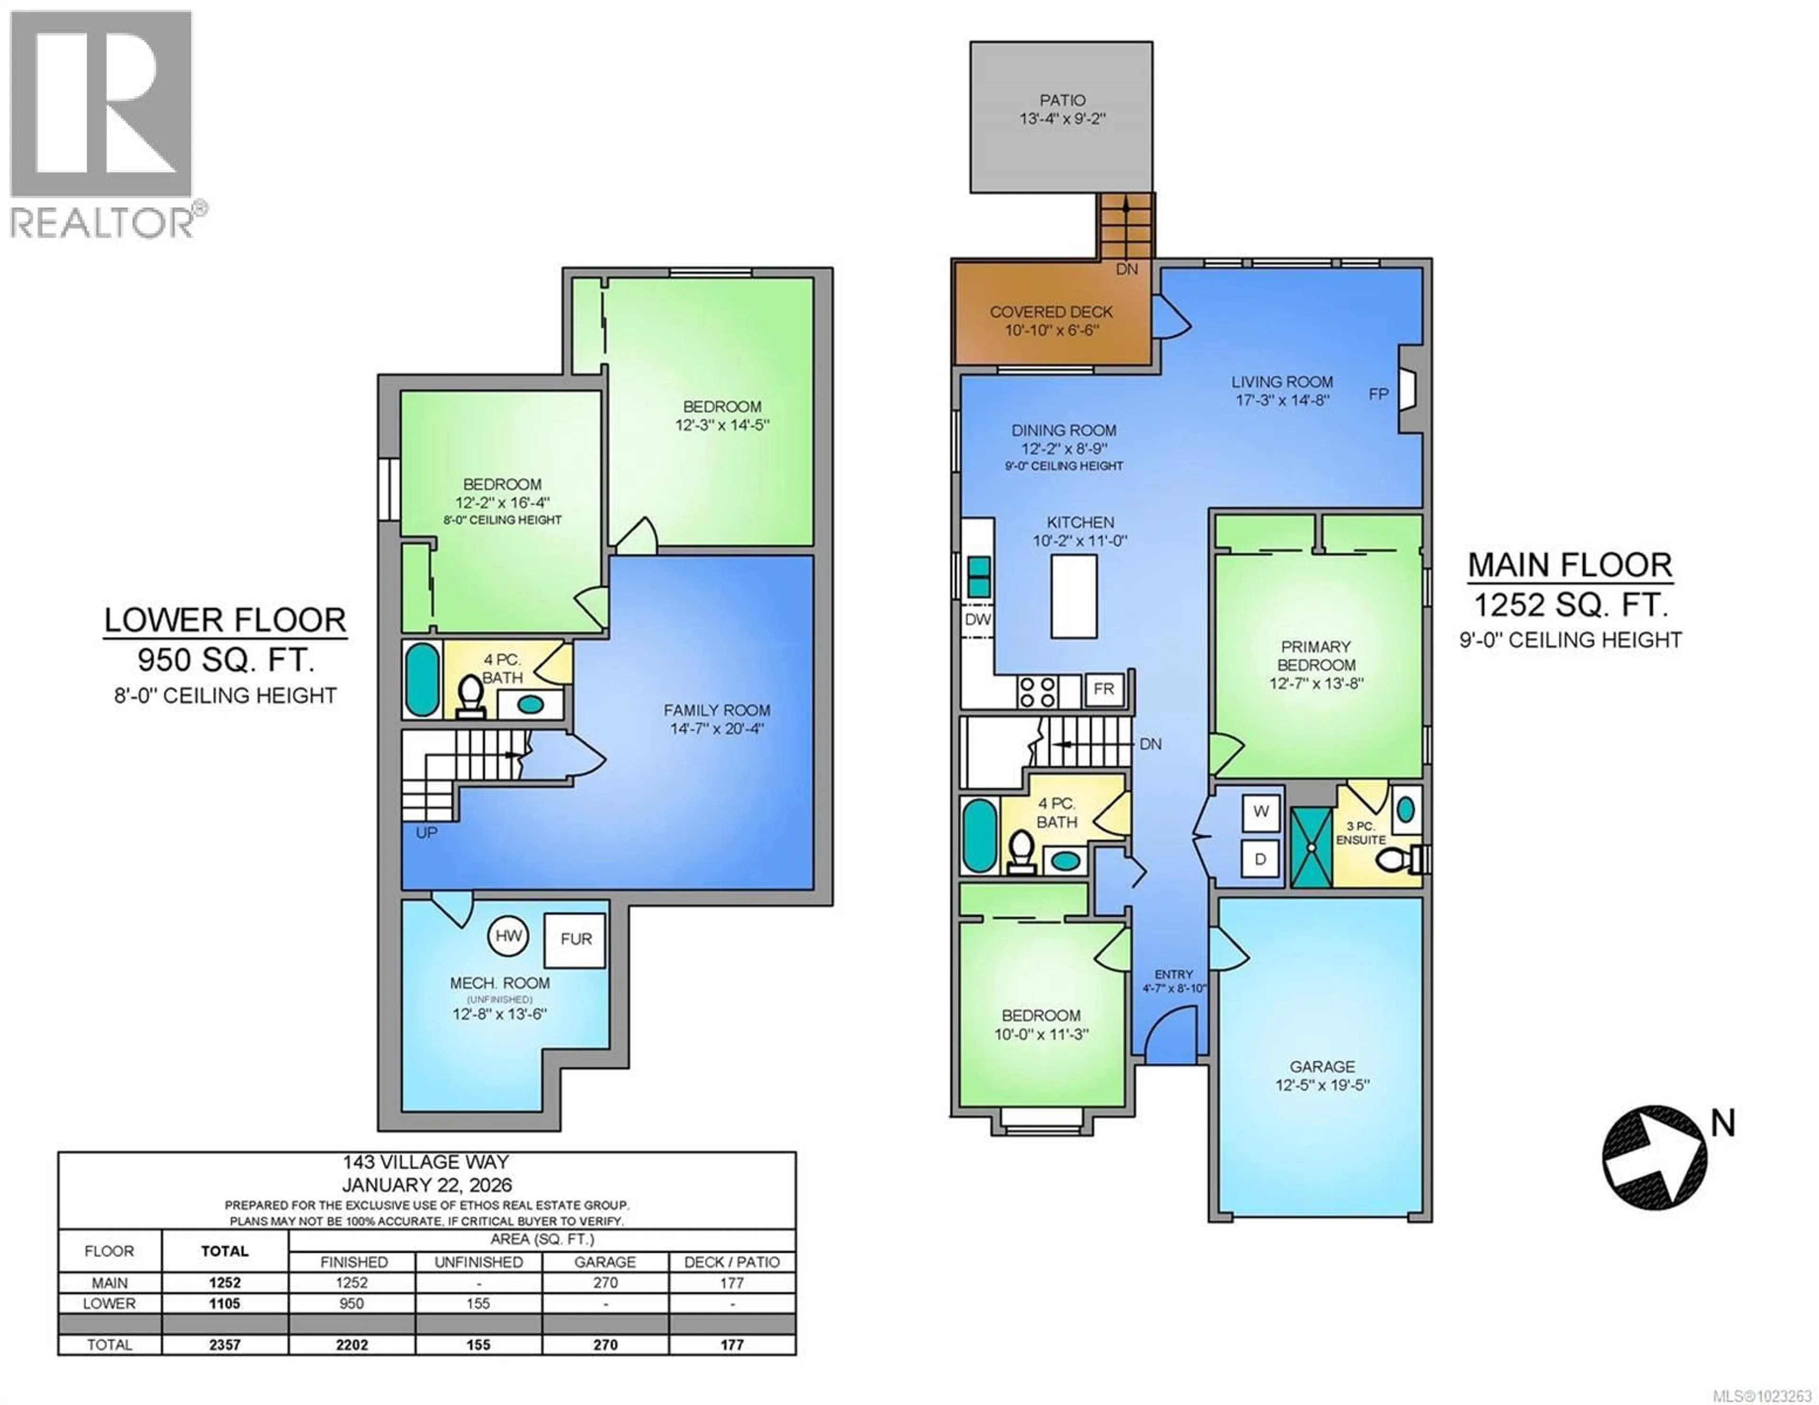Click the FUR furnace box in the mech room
[575, 940]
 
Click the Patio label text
[1062, 100]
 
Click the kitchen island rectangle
[1073, 596]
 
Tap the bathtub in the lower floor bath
[422, 679]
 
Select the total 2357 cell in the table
[225, 1344]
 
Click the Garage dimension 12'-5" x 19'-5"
[1322, 1085]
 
